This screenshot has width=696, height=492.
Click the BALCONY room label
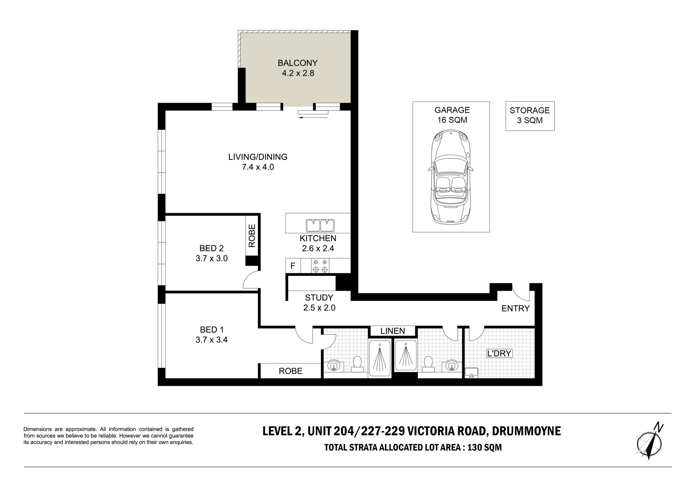298,63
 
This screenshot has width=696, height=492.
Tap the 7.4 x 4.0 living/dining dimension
258,167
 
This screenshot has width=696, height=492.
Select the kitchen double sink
320,225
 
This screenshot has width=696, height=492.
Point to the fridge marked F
293,266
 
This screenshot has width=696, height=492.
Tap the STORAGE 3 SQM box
530,116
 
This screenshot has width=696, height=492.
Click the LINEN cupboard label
393,331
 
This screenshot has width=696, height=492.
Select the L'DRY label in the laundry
499,353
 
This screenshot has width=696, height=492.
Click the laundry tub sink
471,372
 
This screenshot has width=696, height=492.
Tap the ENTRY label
515,309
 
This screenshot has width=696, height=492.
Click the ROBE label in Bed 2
252,236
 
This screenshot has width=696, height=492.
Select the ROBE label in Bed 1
290,371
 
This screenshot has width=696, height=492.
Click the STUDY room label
319,298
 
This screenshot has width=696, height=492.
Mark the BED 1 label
212,330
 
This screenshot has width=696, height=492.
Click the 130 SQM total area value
485,447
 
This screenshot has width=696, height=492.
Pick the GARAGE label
452,110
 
